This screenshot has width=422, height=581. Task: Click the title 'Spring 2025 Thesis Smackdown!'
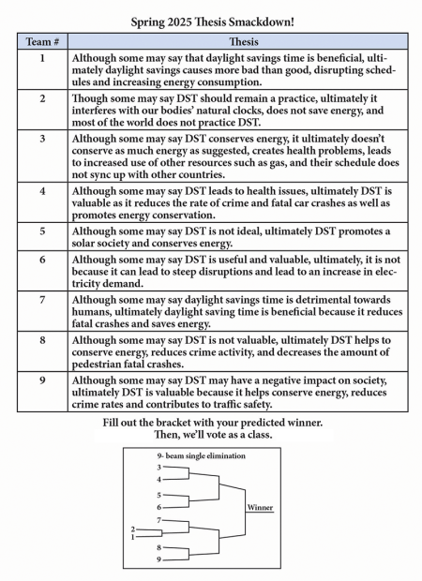point(211,17)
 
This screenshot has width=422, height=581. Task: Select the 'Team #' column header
point(41,42)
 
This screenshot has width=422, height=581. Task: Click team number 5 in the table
point(41,231)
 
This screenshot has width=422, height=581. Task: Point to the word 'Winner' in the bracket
point(260,507)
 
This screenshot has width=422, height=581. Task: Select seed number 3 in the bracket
point(159,467)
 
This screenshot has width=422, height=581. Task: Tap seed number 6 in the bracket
point(159,506)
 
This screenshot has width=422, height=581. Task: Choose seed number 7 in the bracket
point(159,519)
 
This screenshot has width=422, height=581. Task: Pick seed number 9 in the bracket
point(159,559)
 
